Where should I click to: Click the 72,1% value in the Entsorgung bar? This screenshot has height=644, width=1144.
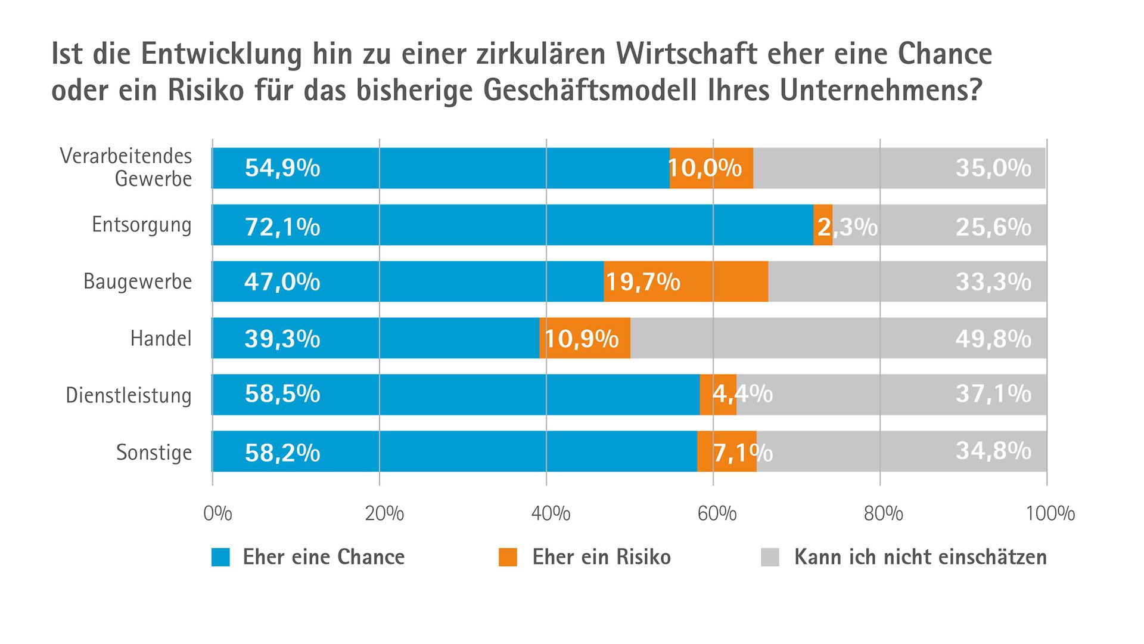282,227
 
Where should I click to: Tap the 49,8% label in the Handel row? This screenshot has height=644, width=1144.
993,339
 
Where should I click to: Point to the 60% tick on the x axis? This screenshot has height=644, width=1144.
717,513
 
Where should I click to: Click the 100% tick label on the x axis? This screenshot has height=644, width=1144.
1050,513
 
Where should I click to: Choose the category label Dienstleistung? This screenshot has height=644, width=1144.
129,395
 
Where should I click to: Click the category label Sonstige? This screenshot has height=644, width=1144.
154,452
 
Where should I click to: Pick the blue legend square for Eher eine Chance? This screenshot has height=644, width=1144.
220,557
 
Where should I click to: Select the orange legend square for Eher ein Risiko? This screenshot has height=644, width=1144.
508,557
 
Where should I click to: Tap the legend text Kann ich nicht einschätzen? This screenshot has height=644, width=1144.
920,557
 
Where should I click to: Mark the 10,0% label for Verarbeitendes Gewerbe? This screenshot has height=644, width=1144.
705,168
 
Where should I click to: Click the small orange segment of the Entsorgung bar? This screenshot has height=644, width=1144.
823,225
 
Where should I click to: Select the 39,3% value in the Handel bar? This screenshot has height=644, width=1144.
282,339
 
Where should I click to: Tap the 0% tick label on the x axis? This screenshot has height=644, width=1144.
217,513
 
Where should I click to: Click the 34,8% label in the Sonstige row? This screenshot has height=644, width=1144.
993,451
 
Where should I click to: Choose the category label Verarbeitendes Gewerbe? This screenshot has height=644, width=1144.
126,168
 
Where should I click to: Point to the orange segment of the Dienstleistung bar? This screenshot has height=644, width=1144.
718,395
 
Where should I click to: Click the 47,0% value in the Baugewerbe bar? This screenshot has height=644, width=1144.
282,281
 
